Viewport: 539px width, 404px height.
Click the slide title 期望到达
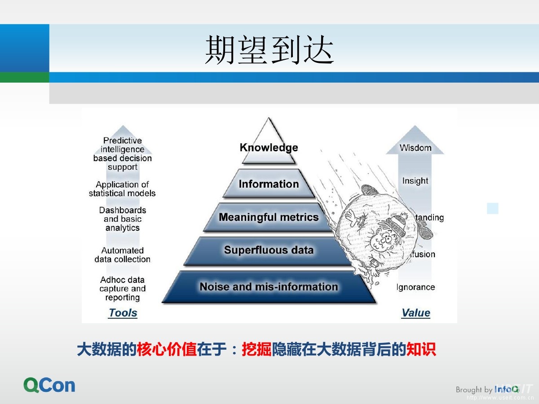point(269,50)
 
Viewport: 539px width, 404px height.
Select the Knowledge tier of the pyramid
point(269,147)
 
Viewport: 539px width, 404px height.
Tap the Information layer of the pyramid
point(269,184)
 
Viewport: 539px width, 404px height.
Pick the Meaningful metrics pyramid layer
point(269,217)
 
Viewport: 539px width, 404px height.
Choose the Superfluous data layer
point(269,250)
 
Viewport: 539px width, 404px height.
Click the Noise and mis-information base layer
point(269,286)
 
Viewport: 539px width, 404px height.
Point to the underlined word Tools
point(123,313)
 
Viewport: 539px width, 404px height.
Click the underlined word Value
point(415,313)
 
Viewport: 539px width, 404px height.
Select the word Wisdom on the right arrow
point(415,148)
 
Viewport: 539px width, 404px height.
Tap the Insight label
point(415,181)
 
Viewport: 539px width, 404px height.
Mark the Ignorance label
point(415,287)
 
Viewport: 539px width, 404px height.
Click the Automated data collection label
point(122,255)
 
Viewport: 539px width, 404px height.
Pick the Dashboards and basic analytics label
point(123,219)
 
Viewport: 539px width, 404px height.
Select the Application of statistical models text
point(122,189)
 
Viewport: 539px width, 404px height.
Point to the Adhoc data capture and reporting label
point(123,289)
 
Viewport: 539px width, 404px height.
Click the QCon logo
point(49,385)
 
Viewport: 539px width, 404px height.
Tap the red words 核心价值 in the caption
point(167,350)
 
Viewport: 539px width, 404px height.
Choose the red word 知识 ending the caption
point(421,350)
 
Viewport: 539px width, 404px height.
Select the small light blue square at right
point(493,208)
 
